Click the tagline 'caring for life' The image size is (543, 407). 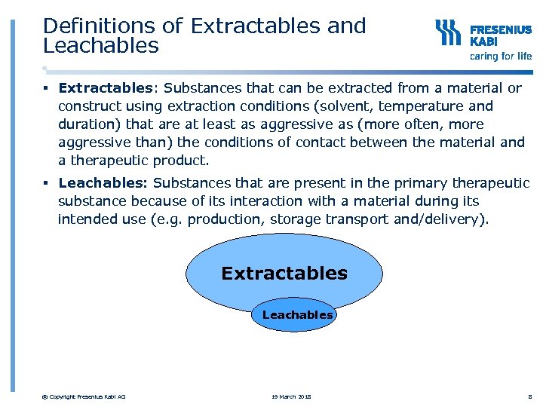pos(501,56)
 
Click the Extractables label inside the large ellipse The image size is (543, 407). pos(284,273)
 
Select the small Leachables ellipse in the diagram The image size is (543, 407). pos(297,315)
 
